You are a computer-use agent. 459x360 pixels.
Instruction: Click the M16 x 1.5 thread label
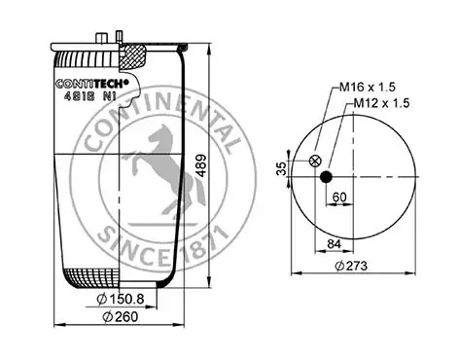pos(368,87)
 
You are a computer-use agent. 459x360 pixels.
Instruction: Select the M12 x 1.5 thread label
pos(381,103)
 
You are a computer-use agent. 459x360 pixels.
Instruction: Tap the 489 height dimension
pos(201,165)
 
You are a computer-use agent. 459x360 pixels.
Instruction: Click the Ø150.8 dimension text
pos(121,299)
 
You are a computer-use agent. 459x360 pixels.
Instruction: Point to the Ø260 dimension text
pos(121,316)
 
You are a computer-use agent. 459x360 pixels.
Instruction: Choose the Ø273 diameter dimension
pos(351,266)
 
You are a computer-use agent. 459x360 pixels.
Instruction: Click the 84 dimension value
pos(334,244)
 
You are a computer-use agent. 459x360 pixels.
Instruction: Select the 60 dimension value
pos(339,197)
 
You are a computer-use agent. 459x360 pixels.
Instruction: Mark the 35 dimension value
pos(282,168)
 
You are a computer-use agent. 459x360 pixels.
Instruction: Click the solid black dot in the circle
pos(326,177)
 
